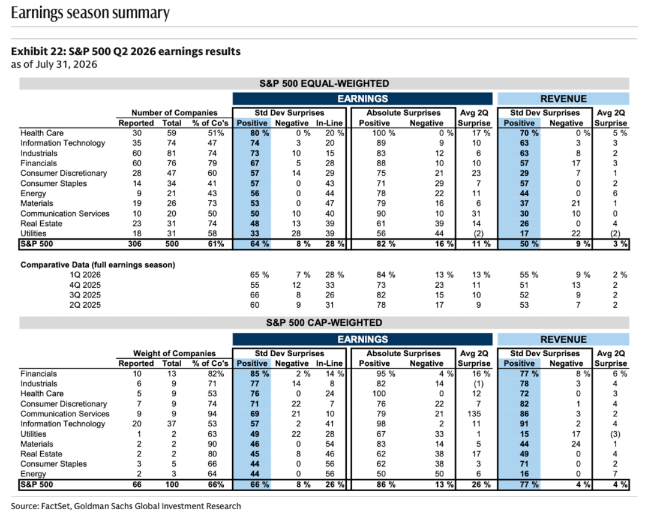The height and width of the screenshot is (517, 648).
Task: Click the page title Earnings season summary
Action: tap(90, 13)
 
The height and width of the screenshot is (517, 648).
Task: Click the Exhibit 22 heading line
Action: tap(125, 51)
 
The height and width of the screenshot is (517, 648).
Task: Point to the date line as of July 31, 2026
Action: tap(54, 64)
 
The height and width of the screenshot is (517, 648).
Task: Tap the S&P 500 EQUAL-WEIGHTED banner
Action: tap(324, 83)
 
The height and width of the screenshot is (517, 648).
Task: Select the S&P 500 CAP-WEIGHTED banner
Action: tap(324, 323)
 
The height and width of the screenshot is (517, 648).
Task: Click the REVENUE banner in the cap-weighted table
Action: tap(563, 339)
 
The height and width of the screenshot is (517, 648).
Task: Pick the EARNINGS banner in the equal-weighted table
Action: tap(362, 99)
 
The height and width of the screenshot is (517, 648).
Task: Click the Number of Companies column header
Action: tap(175, 113)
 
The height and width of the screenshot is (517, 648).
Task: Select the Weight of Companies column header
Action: tap(175, 353)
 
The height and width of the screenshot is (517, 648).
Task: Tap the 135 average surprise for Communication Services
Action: tap(474, 414)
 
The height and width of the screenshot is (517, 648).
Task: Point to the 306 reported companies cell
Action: tap(135, 244)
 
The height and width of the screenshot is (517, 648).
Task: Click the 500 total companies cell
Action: tap(172, 244)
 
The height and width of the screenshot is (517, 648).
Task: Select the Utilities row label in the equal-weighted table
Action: tap(34, 233)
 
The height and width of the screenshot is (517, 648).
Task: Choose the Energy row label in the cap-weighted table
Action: tap(34, 474)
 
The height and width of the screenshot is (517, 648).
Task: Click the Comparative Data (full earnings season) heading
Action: tap(98, 265)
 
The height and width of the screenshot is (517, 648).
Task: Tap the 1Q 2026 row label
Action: tap(85, 275)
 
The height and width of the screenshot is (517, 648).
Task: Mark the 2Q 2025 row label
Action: tap(85, 305)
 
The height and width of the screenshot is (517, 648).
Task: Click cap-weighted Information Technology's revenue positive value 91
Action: tap(524, 423)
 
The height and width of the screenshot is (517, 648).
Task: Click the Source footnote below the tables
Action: tap(125, 506)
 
